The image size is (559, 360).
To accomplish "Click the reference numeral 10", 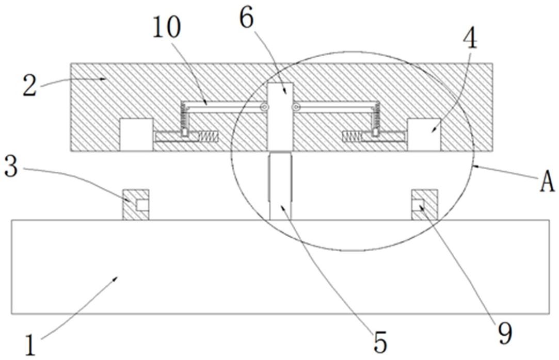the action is tap(167, 28).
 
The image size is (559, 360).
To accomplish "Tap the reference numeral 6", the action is tap(247, 19).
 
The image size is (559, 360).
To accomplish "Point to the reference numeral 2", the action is tap(29, 85).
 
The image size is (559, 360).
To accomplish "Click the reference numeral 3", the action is tap(11, 167).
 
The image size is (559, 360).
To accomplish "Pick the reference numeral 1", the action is tap(31, 345).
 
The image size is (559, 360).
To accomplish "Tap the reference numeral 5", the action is tap(380, 342).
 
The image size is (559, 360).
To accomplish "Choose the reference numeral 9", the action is tap(505, 334).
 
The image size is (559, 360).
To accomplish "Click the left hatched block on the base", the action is tap(136, 205).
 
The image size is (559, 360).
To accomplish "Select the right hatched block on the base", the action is tap(425, 205).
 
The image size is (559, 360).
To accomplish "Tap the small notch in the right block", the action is tap(418, 205).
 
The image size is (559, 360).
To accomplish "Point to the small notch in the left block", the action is tap(142, 205).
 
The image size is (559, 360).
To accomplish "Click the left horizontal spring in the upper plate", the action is tap(208, 136).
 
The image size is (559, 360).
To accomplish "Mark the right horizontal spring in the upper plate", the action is tap(352, 136).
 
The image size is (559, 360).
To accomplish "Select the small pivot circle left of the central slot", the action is tap(264, 107).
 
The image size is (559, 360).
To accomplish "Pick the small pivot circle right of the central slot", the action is tap(295, 107).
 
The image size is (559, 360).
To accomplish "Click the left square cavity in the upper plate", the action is tap(136, 135).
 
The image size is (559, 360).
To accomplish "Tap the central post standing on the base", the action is tap(281, 186).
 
